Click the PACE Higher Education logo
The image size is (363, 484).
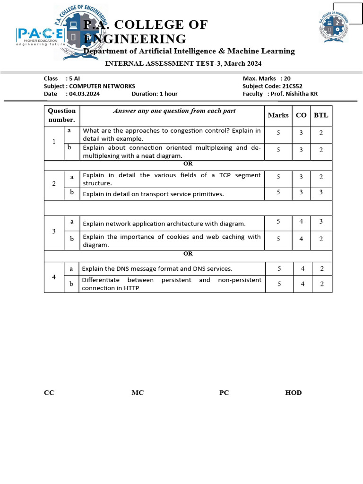pos(41,37)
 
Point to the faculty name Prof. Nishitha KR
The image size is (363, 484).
pos(294,94)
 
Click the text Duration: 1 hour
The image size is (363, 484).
pos(155,94)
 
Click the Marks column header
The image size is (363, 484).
pos(278,115)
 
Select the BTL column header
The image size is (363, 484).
pos(321,115)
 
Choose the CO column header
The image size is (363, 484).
pos(301,115)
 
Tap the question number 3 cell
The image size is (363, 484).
pos(54,231)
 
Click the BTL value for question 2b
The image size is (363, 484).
pos(321,192)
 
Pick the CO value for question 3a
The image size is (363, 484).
pos(301,221)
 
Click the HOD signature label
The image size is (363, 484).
pos(293,393)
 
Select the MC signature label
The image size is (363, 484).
pos(138,393)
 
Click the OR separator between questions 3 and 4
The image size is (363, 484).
pos(188,254)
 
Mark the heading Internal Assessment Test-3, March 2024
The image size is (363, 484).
pos(183,63)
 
